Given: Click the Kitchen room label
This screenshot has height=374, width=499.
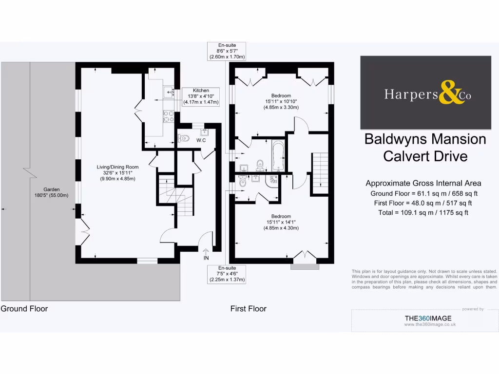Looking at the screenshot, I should coord(201,96).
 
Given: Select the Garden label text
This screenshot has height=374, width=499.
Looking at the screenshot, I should coord(52,192).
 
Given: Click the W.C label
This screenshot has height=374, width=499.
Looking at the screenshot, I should coord(201,141).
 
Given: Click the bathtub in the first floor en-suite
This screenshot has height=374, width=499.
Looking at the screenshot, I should coord(278,155).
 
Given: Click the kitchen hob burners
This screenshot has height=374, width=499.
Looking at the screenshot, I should coord(169,116).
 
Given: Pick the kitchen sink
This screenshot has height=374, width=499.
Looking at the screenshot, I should coord(169,91).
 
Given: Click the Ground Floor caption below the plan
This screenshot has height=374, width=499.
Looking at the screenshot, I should coord(24,308).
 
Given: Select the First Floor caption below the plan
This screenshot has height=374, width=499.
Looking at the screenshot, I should coord(249,308).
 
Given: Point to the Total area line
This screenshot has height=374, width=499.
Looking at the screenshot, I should coord(423,212).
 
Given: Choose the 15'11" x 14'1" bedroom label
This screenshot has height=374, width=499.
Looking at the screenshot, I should coord(281,222).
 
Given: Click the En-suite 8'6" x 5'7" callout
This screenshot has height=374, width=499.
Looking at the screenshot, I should coord(227,51).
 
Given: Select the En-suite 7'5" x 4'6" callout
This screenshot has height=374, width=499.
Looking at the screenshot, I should coord(227,274).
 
